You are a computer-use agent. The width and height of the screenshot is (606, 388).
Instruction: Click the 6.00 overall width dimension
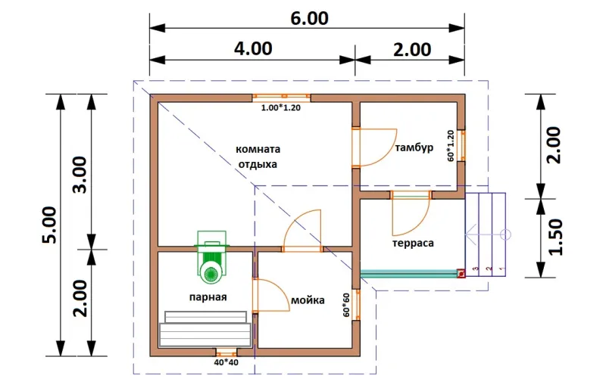pyautogui.click(x=309, y=18)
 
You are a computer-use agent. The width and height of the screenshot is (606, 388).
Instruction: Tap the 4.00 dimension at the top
pyautogui.click(x=253, y=48)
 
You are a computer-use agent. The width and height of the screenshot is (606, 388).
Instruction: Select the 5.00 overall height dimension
pyautogui.click(x=50, y=225)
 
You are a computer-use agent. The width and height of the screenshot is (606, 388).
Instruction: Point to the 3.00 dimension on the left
pyautogui.click(x=81, y=175)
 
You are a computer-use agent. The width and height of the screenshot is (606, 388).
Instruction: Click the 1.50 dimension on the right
pyautogui.click(x=555, y=237)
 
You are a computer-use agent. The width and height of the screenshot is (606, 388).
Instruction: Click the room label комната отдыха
pyautogui.click(x=258, y=157)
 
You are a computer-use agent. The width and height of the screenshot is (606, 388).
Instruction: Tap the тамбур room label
pyautogui.click(x=414, y=148)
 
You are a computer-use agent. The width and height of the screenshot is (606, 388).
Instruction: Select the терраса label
pyautogui.click(x=413, y=244)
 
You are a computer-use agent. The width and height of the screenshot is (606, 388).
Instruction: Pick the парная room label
pyautogui.click(x=208, y=297)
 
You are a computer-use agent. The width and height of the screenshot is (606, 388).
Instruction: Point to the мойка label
pyautogui.click(x=308, y=300)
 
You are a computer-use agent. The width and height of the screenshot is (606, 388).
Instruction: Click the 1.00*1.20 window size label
pyautogui.click(x=281, y=108)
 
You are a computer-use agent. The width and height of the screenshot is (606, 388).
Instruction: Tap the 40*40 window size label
pyautogui.click(x=226, y=362)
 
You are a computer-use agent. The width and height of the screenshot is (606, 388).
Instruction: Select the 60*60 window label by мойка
pyautogui.click(x=346, y=305)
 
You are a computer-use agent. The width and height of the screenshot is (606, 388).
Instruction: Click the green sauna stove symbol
pyautogui.click(x=211, y=257)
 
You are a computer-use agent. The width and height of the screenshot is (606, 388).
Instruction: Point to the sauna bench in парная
pyautogui.click(x=205, y=329)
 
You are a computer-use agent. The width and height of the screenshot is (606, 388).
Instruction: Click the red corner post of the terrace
pyautogui.click(x=461, y=274)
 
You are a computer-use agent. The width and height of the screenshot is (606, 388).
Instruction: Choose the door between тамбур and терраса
pyautogui.click(x=411, y=213)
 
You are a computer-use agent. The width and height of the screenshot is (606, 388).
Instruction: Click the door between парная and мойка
pyautogui.click(x=270, y=295)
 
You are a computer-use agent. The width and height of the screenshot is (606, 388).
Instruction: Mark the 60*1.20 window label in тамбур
pyautogui.click(x=451, y=145)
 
